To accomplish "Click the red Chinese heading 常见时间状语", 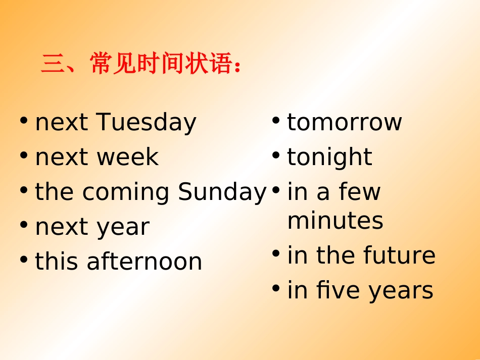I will point(141,64).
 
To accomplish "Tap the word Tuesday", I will point(146,123).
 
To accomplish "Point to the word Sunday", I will point(222,192).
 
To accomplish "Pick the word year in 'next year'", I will point(124,228).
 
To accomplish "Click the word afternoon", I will point(145,262).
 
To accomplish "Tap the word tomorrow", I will point(344,123).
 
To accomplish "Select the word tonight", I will point(329,157).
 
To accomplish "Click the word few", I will point(360,192).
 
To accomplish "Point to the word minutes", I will point(335,221).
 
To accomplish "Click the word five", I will point(339,290).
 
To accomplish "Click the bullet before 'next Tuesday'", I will point(24,121).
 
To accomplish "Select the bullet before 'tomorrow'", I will point(276,121).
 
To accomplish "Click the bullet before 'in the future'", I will point(276,254).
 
